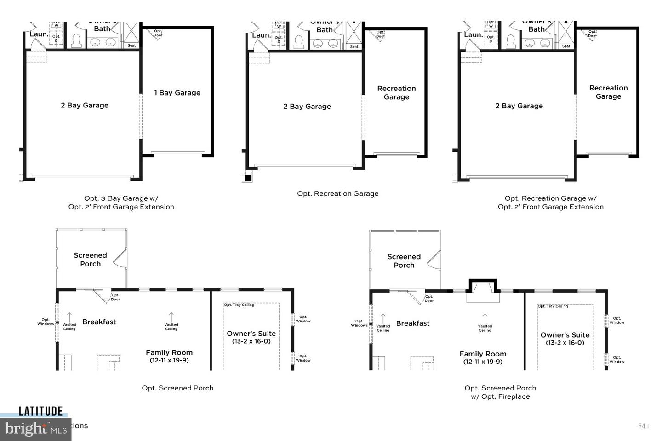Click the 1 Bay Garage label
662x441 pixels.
[177, 93]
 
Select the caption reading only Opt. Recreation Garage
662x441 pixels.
[338, 193]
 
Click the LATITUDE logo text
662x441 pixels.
[40, 411]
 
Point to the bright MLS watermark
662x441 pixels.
[36, 429]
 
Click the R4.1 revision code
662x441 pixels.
[643, 426]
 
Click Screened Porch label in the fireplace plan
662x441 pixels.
[404, 261]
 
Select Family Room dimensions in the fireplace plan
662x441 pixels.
[483, 362]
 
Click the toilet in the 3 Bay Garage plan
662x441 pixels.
[77, 41]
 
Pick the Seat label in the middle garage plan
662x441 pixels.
[354, 46]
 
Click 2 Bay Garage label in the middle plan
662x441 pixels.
[307, 107]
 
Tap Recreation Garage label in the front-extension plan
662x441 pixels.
[608, 92]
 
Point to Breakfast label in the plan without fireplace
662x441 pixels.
[99, 322]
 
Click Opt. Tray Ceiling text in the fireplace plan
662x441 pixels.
[553, 306]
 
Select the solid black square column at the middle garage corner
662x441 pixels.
[248, 178]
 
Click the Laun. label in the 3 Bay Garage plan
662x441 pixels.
[39, 34]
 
